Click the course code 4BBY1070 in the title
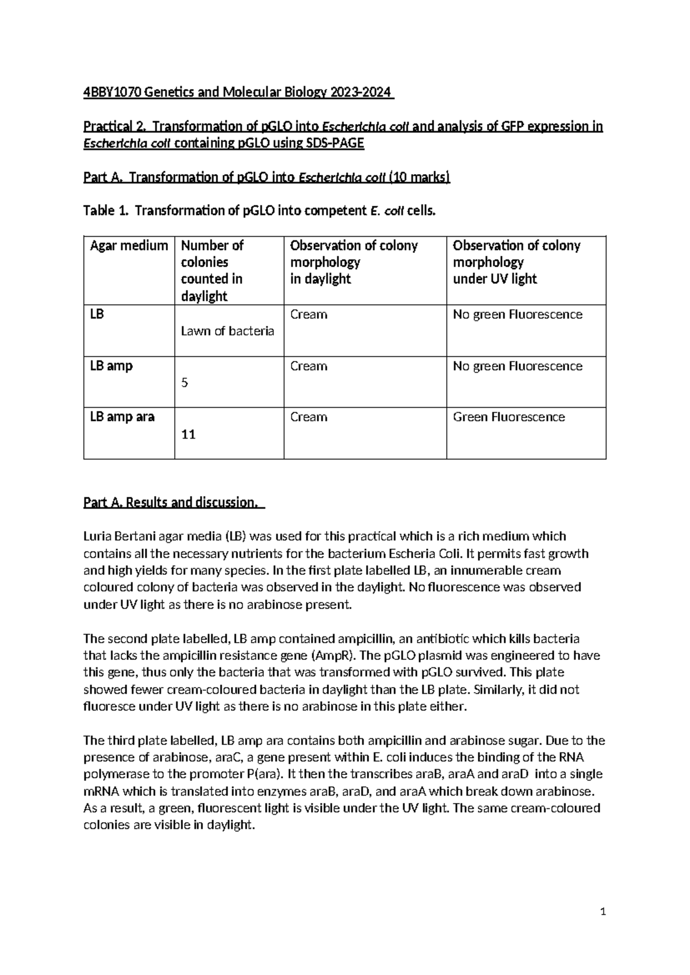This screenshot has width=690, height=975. coord(112,93)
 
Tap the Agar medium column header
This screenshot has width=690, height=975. coord(129,246)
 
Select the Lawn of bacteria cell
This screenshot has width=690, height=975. coord(227,331)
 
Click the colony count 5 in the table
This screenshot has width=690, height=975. coord(185,383)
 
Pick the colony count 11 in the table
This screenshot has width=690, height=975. coord(188,435)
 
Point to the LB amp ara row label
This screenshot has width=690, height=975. coord(122,417)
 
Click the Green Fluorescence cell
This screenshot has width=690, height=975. coord(508,417)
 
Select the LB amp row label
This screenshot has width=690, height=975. coord(111,366)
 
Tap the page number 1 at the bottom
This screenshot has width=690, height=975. coord(603,912)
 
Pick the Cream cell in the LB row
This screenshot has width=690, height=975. coord(309,314)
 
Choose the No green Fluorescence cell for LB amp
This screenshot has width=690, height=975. coord(517,366)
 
